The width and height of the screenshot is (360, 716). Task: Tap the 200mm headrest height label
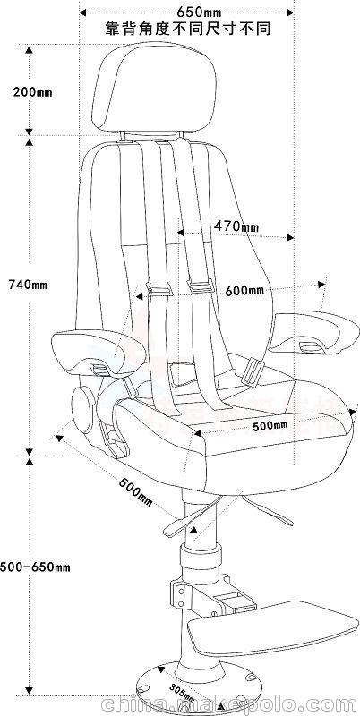point(32,92)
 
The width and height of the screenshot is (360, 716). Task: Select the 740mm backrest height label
point(28,285)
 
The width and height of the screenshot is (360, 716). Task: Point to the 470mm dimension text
point(236,226)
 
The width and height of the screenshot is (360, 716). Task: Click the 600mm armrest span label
point(244,290)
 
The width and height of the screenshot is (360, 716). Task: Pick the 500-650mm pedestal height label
point(35,567)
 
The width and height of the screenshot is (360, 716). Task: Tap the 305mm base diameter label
point(182,693)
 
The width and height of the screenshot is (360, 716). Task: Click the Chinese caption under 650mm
point(188,30)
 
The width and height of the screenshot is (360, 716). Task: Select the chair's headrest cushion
point(154,88)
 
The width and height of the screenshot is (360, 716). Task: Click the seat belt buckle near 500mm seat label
point(251,372)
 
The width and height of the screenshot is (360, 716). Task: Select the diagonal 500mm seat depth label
point(136,491)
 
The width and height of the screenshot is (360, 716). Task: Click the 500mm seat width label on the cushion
point(270,426)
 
